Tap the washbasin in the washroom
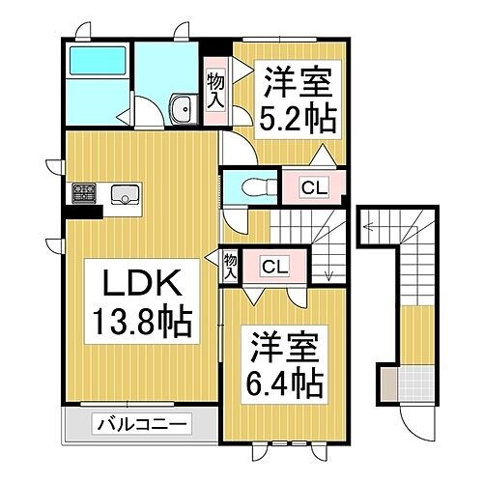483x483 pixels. pyautogui.click(x=180, y=111)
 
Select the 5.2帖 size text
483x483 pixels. pyautogui.click(x=296, y=118)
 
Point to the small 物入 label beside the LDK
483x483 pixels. pyautogui.click(x=230, y=267)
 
